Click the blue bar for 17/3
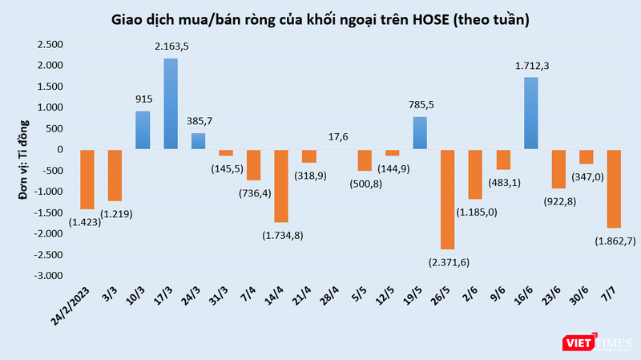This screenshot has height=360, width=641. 171,103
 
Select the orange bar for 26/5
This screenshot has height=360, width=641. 448,199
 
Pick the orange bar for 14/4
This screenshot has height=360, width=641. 281,185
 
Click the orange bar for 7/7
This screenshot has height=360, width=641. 615,188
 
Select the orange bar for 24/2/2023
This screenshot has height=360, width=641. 87,179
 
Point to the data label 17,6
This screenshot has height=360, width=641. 337,136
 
